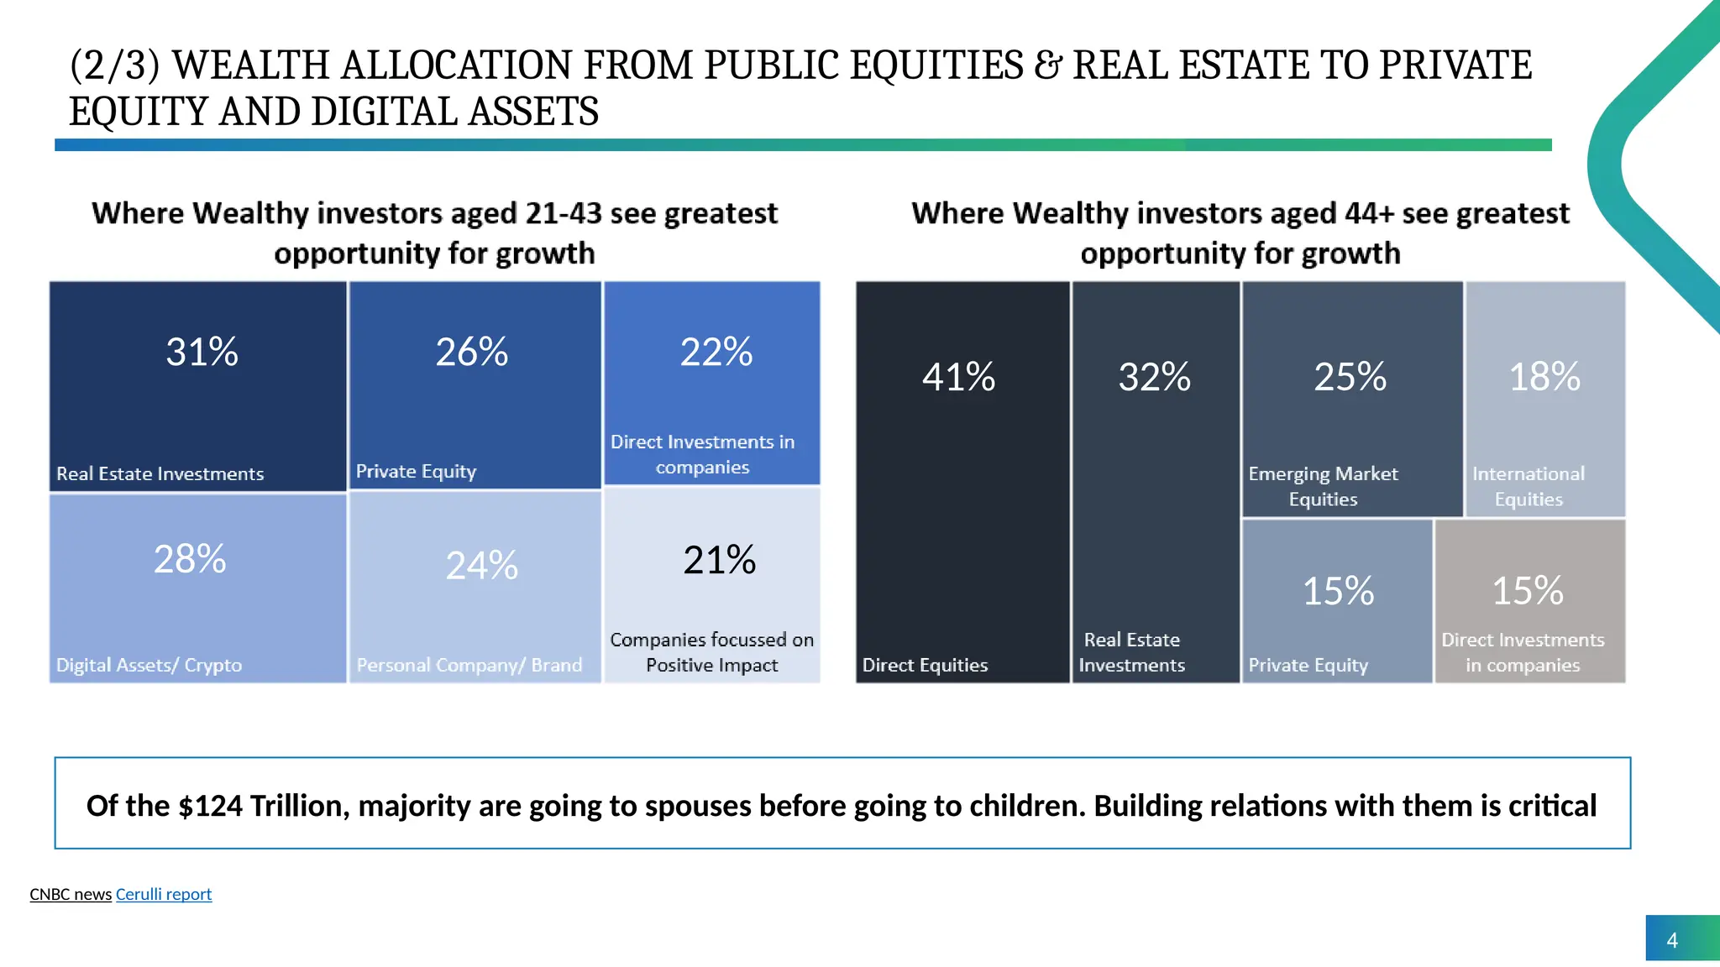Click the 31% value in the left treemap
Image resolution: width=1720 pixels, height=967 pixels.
coord(202,352)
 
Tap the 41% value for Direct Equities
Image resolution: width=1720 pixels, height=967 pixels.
coord(958,377)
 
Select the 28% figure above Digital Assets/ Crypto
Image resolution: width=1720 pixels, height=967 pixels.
coord(190,559)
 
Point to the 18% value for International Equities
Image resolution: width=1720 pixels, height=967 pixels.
coord(1544,377)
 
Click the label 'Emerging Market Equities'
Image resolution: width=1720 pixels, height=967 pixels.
coord(1323,486)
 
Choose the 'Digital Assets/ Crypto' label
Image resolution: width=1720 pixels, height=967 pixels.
coord(149,665)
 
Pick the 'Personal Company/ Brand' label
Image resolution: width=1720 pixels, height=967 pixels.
coord(469,665)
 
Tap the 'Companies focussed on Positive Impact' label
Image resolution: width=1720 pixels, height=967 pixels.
coord(711,652)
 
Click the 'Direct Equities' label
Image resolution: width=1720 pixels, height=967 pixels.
coord(925,665)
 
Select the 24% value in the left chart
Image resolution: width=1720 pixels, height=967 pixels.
coord(481,565)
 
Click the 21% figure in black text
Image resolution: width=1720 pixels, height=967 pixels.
coord(719,560)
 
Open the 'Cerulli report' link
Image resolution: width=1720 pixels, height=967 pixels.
coord(164,894)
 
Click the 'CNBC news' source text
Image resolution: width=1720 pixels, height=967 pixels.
coord(71,894)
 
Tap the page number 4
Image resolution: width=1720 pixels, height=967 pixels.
coord(1671,940)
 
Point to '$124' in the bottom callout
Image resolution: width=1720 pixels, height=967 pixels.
coord(210,806)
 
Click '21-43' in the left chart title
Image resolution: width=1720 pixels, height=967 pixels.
coord(563,213)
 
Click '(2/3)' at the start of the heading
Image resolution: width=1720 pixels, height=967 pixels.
coord(114,65)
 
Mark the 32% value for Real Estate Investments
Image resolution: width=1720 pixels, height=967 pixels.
coord(1154,377)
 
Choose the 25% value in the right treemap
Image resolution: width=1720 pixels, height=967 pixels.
coord(1350,377)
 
